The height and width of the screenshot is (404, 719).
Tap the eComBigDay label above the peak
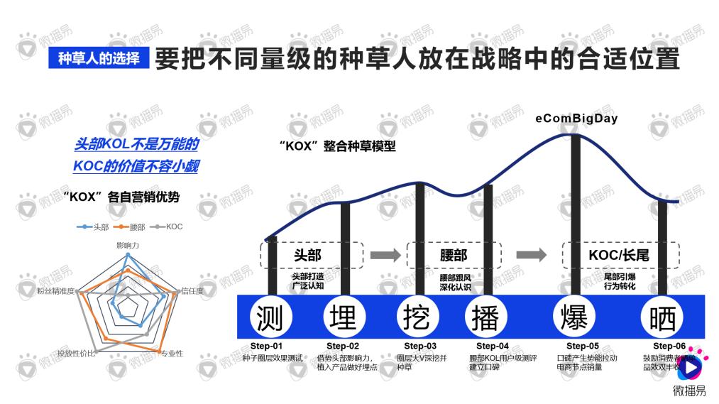coord(576,119)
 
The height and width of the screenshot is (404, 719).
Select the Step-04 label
coord(488,346)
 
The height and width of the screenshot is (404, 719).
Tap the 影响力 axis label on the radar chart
coord(128,245)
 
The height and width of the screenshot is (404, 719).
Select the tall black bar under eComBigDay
coord(576,213)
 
